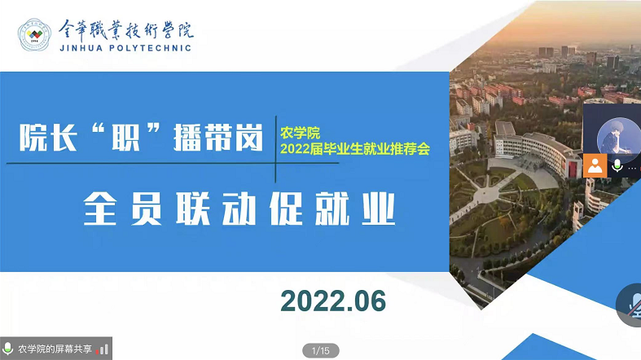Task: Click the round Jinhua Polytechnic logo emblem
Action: click(x=34, y=35)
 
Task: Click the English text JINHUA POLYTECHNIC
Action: click(x=125, y=48)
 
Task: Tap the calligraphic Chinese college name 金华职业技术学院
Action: click(x=126, y=30)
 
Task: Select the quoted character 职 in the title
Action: click(x=126, y=138)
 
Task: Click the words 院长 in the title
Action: click(x=48, y=138)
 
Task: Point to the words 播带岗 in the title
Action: click(x=218, y=138)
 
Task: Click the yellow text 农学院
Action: click(x=300, y=133)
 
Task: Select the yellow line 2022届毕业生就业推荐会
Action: click(x=355, y=149)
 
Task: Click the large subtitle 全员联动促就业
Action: click(x=239, y=209)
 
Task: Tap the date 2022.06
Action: click(x=333, y=301)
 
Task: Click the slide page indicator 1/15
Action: click(x=321, y=350)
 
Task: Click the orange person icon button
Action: click(x=595, y=166)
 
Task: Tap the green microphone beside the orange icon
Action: click(x=617, y=166)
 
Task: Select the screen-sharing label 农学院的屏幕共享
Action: click(x=55, y=349)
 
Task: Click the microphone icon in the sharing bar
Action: click(x=7, y=349)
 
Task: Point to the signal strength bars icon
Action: click(x=102, y=349)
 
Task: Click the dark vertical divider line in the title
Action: click(x=275, y=149)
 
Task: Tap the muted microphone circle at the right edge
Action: click(x=630, y=305)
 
